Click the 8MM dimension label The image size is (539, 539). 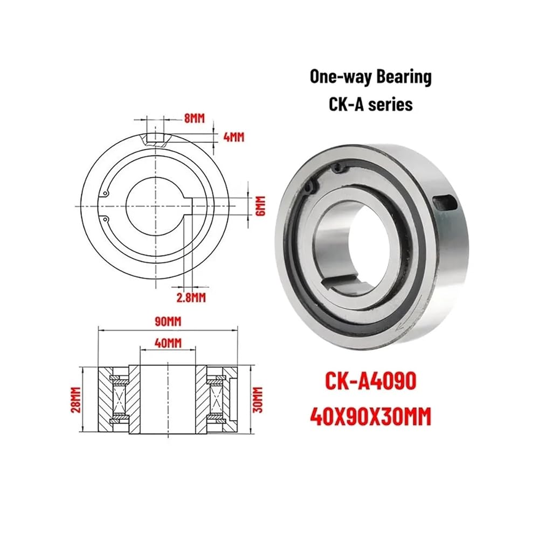194,119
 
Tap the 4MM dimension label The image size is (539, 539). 234,137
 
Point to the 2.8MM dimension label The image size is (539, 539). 191,298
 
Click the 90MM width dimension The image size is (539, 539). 168,322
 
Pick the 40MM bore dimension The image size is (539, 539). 168,343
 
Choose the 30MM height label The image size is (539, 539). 258,399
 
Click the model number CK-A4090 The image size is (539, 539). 371,381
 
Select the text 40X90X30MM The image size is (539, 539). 371,417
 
